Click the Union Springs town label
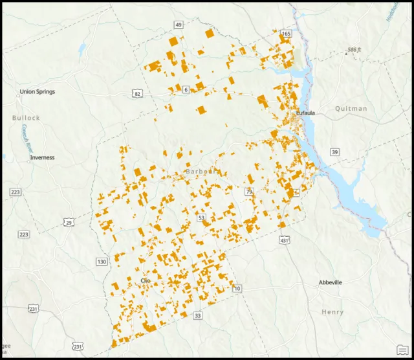coord(37,92)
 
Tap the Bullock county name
coord(26,118)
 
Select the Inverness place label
coord(42,157)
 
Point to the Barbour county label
coord(199,172)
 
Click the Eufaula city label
coord(305,113)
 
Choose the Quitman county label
coord(351,109)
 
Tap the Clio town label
coord(146,280)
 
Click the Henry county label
coord(332,312)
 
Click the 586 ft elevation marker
coord(353,50)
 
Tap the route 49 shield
coord(178,25)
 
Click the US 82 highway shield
coord(136,94)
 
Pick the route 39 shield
coord(334,152)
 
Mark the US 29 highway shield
coord(69,223)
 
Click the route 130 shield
coord(101,262)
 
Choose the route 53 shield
coord(201,218)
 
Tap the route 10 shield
coord(237,288)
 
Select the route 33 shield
coord(197,315)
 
